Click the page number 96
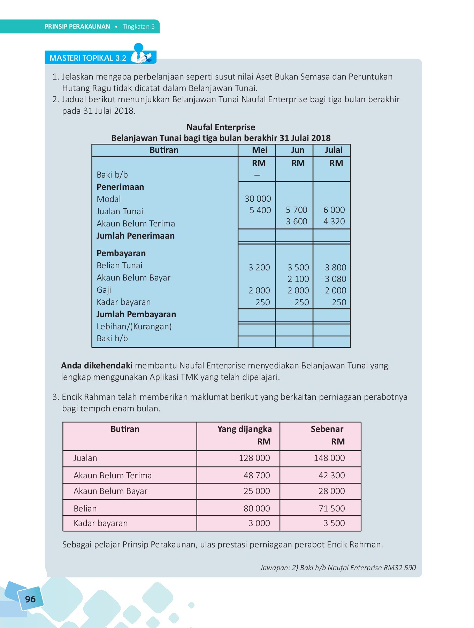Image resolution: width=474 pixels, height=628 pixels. point(30,599)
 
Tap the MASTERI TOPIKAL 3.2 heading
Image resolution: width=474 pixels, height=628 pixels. point(88,58)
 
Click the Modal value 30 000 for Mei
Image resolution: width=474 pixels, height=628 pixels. point(258,199)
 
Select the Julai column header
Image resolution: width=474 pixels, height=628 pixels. point(334,150)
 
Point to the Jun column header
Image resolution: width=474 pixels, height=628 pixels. point(297,150)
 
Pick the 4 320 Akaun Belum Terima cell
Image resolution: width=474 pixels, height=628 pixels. point(334,222)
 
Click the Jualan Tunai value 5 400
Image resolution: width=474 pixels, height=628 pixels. point(260,210)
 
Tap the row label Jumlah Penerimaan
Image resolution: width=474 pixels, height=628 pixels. point(135,236)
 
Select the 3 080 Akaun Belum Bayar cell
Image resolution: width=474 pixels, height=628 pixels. point(335,279)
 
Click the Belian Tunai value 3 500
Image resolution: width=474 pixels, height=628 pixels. point(298,268)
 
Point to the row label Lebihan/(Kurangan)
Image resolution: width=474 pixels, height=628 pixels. point(134,327)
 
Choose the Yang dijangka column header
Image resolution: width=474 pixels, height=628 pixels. point(244,429)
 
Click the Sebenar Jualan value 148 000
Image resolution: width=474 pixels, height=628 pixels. point(329,458)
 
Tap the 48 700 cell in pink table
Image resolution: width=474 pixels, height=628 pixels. point(257,475)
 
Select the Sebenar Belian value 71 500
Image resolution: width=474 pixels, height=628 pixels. point(331,508)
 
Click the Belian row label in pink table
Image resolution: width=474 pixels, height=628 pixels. point(85,509)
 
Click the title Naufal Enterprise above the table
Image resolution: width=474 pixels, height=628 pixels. point(221,127)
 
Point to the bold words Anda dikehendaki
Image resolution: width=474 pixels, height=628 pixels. point(97,366)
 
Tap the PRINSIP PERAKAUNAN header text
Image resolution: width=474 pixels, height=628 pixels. point(77,27)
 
